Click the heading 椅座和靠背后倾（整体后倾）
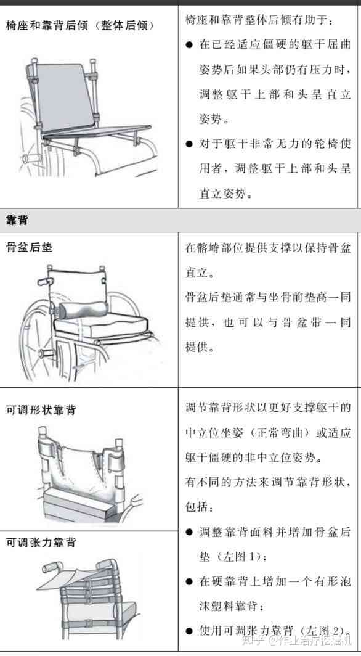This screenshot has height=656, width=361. (x=80, y=25)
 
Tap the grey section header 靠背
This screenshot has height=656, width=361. (x=17, y=220)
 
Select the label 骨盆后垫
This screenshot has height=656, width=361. (x=29, y=247)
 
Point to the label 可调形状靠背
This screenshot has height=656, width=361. (x=41, y=410)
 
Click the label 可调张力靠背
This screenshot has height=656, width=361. (x=41, y=543)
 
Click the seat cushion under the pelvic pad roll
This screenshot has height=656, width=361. (x=100, y=324)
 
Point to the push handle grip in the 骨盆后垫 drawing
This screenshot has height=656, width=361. (x=44, y=282)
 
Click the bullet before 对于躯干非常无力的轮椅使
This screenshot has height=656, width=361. (x=189, y=144)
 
